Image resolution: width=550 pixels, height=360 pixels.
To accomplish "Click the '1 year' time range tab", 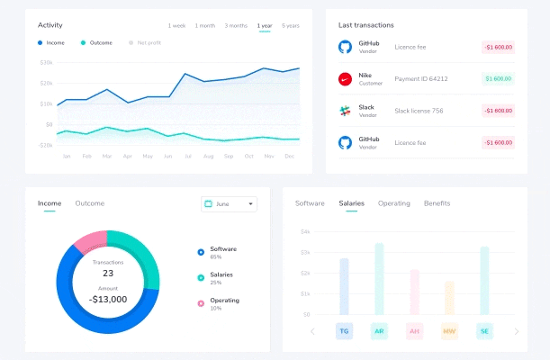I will [x=265, y=25].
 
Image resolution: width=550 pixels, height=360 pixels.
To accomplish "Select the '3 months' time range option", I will [x=236, y=25].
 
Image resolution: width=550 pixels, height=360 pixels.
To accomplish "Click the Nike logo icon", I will [x=344, y=79].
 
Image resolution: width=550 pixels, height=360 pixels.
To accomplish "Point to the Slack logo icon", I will [x=344, y=111].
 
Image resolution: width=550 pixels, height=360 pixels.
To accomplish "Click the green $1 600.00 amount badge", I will [x=498, y=79].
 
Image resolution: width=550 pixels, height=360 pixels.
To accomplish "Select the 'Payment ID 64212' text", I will [x=421, y=79].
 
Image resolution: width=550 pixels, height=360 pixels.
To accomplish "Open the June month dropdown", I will [x=229, y=204].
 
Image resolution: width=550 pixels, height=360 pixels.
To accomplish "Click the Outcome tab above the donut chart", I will [x=90, y=203].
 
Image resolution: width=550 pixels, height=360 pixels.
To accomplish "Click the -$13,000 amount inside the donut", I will [x=108, y=299].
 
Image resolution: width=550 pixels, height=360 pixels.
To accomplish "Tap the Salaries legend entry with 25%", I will [x=221, y=277].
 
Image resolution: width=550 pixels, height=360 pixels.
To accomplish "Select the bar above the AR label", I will [x=379, y=278].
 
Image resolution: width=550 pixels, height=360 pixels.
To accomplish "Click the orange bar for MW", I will [x=449, y=298].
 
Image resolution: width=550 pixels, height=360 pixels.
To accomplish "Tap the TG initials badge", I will [x=344, y=331].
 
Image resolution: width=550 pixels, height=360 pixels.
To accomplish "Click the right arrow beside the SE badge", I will [x=517, y=331].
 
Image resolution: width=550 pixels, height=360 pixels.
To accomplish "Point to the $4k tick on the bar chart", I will [x=304, y=232].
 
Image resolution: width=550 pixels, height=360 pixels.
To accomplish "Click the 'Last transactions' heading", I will [x=365, y=25].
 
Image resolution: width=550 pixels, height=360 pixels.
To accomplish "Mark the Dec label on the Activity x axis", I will [x=289, y=157].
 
